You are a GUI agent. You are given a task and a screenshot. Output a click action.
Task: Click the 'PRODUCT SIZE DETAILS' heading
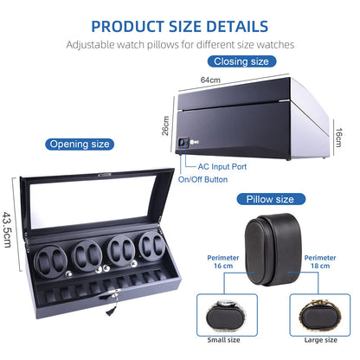point(180,26)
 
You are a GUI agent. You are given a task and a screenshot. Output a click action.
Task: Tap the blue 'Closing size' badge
point(241,61)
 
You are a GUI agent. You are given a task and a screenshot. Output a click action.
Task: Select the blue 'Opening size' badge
point(80,144)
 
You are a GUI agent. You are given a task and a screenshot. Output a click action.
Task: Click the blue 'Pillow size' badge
point(271,199)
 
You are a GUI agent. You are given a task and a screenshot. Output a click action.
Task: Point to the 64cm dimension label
point(210,80)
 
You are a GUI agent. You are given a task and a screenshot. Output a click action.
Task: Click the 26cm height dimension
point(165,125)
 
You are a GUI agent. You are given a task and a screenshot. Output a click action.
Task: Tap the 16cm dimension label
point(338,138)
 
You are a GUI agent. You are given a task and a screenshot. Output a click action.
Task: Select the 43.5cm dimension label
point(7,229)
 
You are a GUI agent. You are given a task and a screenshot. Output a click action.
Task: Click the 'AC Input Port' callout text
point(222,166)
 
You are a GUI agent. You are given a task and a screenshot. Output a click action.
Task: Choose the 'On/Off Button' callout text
point(203,179)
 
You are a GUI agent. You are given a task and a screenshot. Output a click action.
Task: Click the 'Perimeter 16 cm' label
point(223,261)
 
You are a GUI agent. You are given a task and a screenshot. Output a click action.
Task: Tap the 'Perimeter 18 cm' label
point(320,261)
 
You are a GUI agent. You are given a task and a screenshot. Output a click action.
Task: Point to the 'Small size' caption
point(223,340)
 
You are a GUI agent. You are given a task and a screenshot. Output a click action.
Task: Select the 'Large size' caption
point(321,340)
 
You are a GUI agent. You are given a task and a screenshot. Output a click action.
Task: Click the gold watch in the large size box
point(320,316)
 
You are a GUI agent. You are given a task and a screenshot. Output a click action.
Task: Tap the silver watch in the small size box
point(227,316)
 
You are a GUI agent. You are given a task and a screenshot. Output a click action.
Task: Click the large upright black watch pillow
point(273,249)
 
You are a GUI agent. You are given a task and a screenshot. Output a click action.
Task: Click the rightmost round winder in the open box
point(152,246)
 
